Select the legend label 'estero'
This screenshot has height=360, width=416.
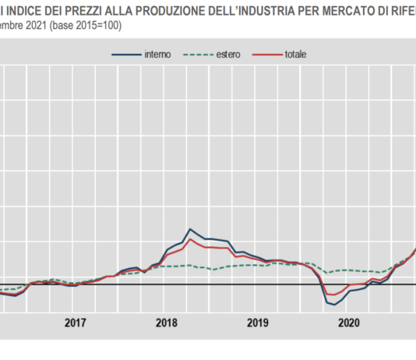[x=224, y=55]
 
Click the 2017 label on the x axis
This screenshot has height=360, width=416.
[x=75, y=323]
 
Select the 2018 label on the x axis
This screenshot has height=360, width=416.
[x=167, y=323]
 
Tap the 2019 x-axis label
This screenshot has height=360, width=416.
[x=258, y=323]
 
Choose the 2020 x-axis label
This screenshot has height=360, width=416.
[x=350, y=323]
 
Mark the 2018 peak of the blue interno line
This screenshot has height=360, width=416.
[x=191, y=229]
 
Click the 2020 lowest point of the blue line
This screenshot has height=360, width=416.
[x=336, y=305]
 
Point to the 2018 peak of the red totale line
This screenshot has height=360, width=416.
[x=191, y=238]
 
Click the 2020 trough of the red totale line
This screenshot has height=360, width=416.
[x=332, y=295]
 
